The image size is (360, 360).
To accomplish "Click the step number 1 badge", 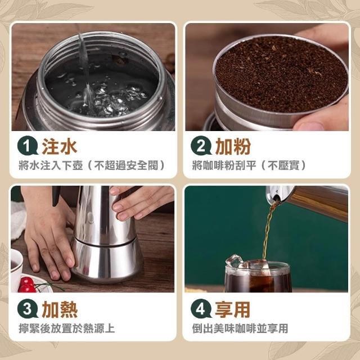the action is point(28,146).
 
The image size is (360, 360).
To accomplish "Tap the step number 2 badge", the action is point(201,146).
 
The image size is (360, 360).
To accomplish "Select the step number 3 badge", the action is point(28,309).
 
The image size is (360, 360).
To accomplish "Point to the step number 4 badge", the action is point(201,309).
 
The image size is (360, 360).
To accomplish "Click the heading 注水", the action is point(60,146).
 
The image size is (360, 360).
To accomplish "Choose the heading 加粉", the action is point(233,146).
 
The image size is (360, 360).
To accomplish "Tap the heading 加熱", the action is point(60,309).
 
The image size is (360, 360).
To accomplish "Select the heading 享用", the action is point(232,309).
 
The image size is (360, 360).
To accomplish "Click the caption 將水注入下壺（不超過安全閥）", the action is point(92,165).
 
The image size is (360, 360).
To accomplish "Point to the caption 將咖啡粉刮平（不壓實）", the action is point(249,165).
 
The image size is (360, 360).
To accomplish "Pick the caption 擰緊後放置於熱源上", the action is point(67,328).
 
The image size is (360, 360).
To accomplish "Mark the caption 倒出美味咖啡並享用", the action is point(240,328).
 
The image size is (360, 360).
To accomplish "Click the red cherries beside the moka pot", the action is point(26,285).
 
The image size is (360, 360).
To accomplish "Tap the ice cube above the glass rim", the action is point(234,261).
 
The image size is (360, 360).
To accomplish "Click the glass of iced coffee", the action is point(258,277).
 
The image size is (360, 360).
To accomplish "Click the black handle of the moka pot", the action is point(56,196).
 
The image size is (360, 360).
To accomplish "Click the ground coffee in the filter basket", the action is point(282,74).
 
